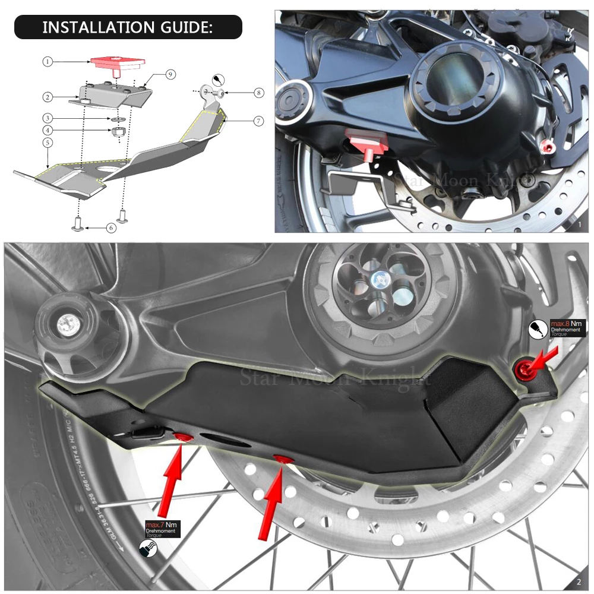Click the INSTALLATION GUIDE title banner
[x=128, y=27]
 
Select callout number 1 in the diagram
[x=48, y=61]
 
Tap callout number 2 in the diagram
[x=48, y=96]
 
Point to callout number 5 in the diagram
[x=48, y=143]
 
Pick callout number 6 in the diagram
[x=112, y=227]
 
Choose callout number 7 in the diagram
[x=258, y=121]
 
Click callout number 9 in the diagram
[x=170, y=74]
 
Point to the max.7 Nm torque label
[x=160, y=527]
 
